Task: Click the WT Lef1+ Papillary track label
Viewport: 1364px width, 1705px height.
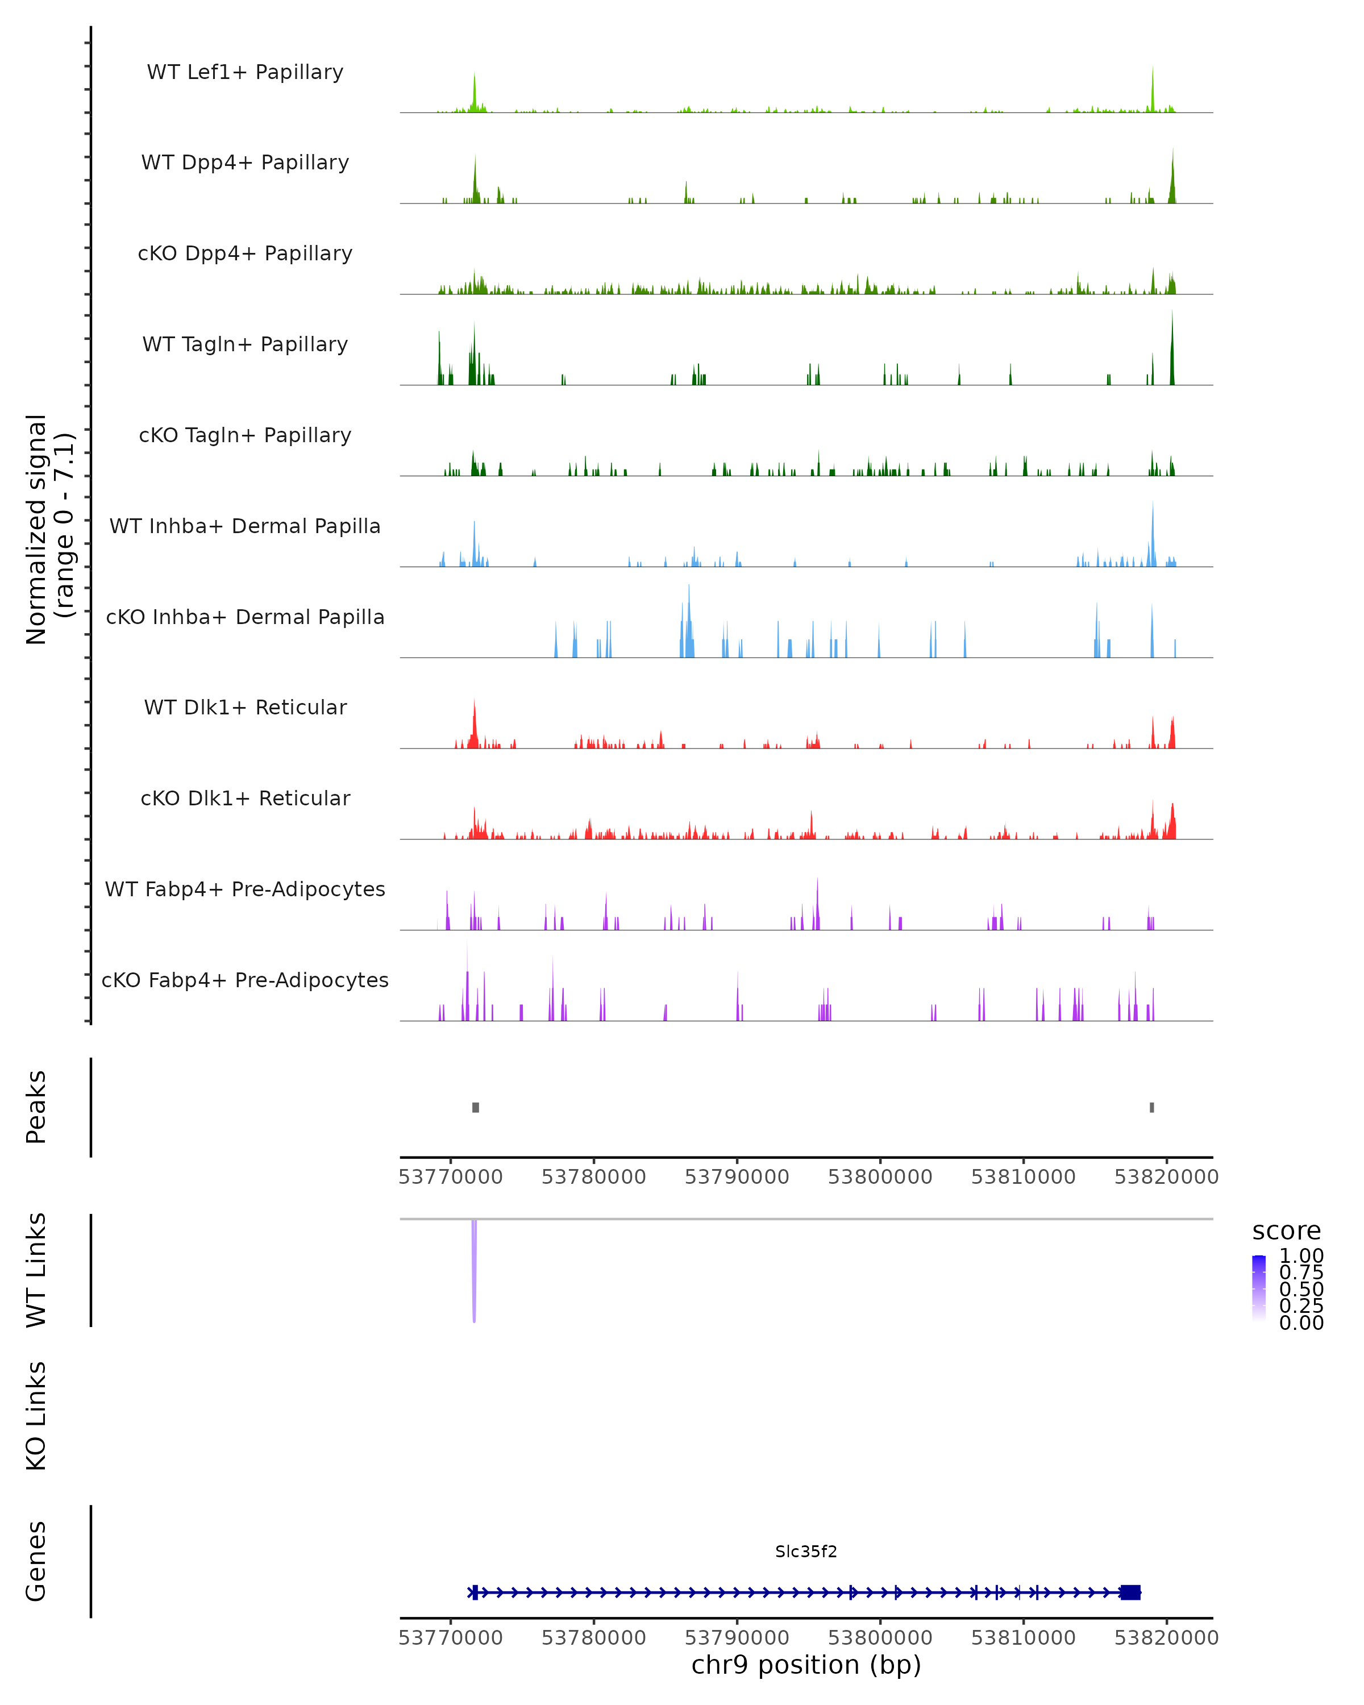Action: pos(245,72)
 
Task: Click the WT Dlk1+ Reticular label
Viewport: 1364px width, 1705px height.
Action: pos(245,707)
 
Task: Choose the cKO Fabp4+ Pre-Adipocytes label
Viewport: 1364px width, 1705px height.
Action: pos(245,980)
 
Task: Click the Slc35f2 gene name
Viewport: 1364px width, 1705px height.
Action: pos(806,1552)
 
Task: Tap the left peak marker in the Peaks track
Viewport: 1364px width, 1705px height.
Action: pos(475,1107)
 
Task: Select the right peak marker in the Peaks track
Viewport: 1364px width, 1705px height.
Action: pos(1151,1107)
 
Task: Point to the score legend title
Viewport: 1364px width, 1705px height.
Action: pos(1286,1232)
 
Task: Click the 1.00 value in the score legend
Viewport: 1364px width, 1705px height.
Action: pos(1301,1256)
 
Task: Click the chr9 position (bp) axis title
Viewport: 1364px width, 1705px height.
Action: pos(806,1665)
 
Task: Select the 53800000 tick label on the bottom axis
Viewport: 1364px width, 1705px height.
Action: pos(880,1638)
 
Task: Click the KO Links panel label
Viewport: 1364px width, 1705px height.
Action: pos(36,1416)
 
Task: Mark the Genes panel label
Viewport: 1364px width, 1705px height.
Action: pos(36,1561)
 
